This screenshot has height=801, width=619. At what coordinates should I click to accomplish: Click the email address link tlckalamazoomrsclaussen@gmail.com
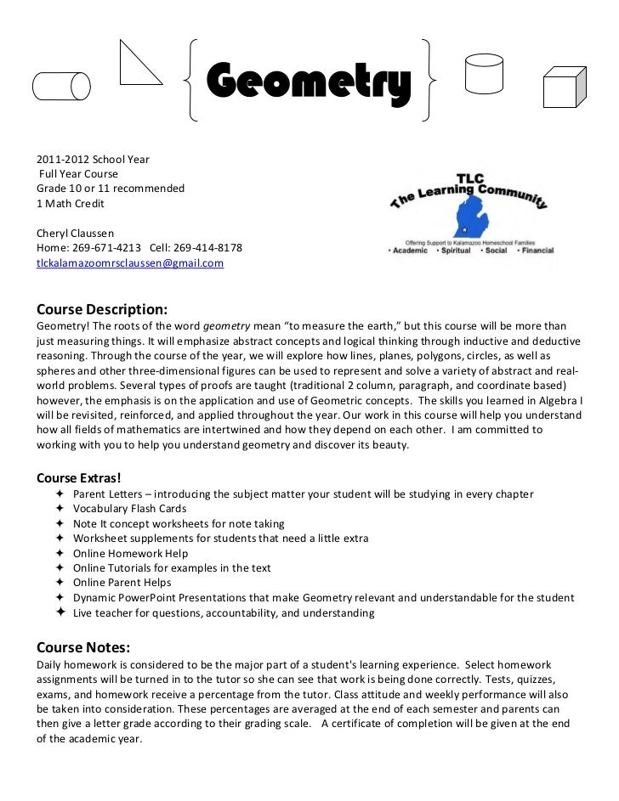tap(130, 263)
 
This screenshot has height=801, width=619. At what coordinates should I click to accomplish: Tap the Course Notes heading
tap(82, 648)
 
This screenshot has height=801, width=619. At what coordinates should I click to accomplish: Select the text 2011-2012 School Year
tap(93, 159)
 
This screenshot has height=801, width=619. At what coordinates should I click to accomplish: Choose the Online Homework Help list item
tap(130, 554)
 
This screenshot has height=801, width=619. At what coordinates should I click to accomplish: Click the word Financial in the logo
tap(535, 251)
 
